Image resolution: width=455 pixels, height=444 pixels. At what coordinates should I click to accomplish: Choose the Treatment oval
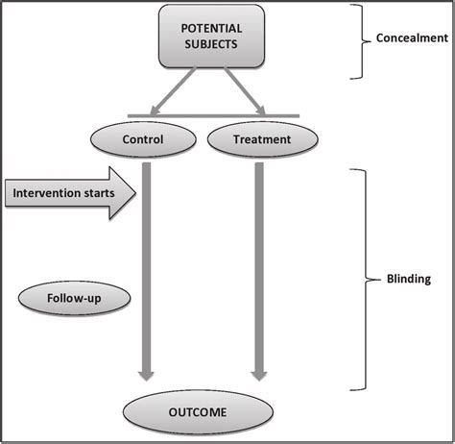[262, 140]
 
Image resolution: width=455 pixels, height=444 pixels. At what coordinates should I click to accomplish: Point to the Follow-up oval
[73, 298]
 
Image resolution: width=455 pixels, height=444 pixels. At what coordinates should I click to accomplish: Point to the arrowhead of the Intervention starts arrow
[127, 194]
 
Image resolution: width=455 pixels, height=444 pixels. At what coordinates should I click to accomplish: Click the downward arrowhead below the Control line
[148, 376]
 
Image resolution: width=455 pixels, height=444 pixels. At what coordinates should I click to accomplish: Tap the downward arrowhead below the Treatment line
[257, 376]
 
